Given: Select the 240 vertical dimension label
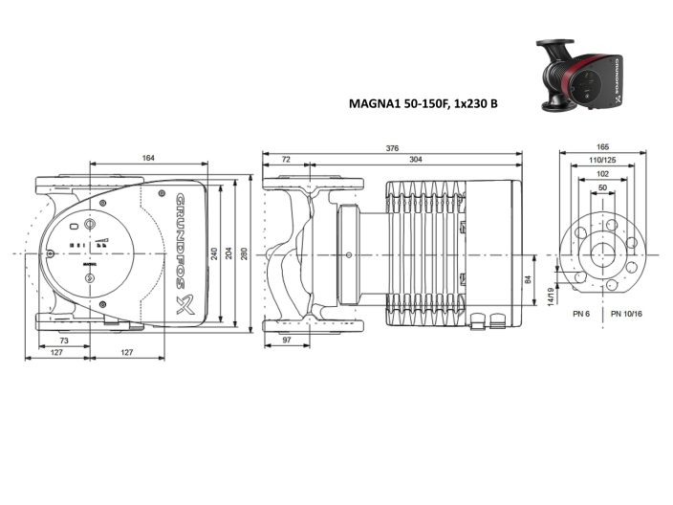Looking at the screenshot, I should pos(215,253).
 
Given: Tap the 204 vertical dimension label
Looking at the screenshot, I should pos(229,253).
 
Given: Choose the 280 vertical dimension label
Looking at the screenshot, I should pos(245,253).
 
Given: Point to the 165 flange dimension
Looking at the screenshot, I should pos(602,148).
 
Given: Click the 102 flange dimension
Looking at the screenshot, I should pos(602,176).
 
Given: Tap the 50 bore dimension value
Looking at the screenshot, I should pos(602,188).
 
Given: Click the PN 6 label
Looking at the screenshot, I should pos(580,314).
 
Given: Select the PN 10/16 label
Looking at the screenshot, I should pos(626,314).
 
